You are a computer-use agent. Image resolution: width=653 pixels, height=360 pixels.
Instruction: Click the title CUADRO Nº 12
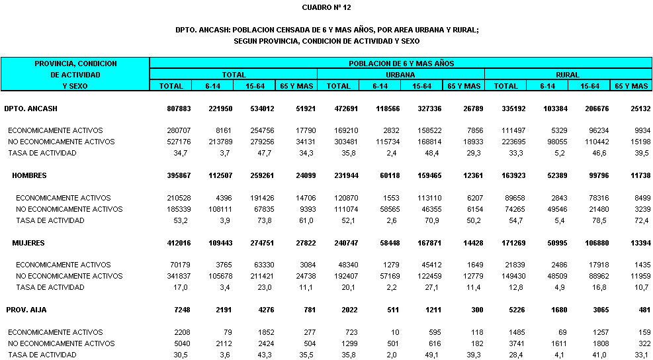click(x=326, y=7)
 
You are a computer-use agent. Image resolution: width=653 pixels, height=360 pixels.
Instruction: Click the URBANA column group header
click(x=401, y=75)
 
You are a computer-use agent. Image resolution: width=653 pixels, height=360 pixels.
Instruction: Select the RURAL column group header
click(x=568, y=75)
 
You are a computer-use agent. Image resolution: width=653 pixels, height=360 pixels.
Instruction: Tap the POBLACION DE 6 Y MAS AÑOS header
click(x=401, y=64)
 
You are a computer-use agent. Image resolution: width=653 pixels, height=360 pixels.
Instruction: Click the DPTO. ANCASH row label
click(x=27, y=108)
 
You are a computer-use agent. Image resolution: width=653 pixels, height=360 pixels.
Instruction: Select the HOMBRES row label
click(x=30, y=175)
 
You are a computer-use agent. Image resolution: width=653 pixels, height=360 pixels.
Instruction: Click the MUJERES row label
click(x=28, y=243)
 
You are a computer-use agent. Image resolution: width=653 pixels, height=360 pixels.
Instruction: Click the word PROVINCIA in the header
click(x=56, y=64)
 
